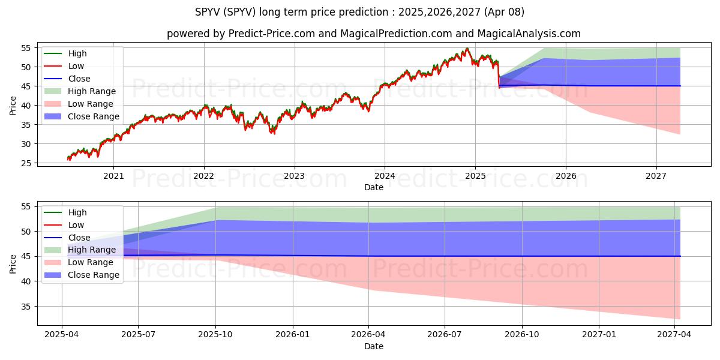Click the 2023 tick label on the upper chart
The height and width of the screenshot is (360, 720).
[x=294, y=176]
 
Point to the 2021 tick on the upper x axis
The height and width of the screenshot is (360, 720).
[x=113, y=176]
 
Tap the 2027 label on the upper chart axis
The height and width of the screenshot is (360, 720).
[x=656, y=176]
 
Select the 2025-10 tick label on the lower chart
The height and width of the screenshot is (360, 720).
[x=215, y=334]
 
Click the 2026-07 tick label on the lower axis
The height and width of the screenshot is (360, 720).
[x=445, y=334]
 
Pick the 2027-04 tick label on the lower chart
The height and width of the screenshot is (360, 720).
[x=674, y=334]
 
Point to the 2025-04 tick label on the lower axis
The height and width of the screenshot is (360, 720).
[x=62, y=334]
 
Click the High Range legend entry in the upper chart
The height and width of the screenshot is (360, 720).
[x=91, y=91]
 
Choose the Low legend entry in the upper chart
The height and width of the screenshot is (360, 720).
[x=76, y=66]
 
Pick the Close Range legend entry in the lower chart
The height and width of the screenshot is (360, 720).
[x=93, y=275]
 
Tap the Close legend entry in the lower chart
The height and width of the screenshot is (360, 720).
[x=79, y=238]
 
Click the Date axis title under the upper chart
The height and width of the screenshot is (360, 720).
[x=373, y=188]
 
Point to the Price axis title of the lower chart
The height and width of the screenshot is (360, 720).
[x=13, y=263]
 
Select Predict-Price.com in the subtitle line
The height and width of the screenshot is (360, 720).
[x=272, y=34]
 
